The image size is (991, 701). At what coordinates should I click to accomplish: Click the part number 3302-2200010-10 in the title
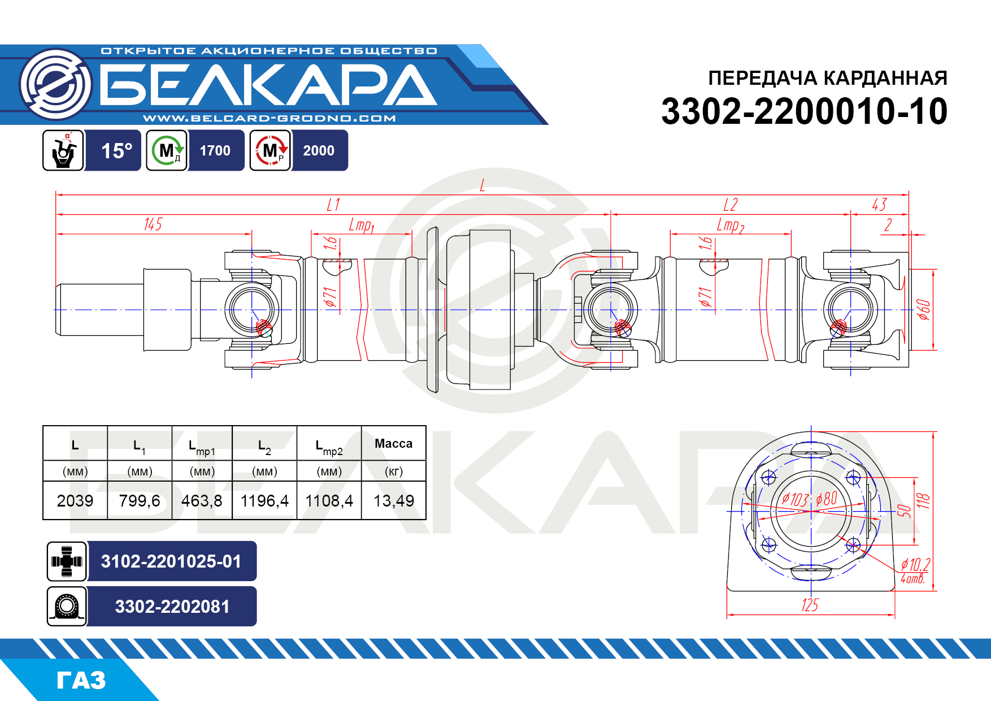pyautogui.click(x=804, y=111)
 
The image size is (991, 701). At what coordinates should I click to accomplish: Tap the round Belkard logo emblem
pyautogui.click(x=55, y=84)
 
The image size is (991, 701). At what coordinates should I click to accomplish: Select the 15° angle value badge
pyautogui.click(x=116, y=150)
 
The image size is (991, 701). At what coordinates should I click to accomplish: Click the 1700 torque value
pyautogui.click(x=215, y=150)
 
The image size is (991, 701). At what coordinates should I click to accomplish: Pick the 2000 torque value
pyautogui.click(x=319, y=150)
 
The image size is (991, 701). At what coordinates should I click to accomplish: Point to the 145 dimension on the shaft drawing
pyautogui.click(x=153, y=224)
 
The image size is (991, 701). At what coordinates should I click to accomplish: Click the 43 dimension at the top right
pyautogui.click(x=879, y=205)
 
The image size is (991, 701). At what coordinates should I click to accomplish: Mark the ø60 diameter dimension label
pyautogui.click(x=923, y=310)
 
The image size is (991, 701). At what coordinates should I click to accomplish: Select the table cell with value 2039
pyautogui.click(x=75, y=500)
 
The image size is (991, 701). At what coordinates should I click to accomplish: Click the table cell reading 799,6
pyautogui.click(x=140, y=500)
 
